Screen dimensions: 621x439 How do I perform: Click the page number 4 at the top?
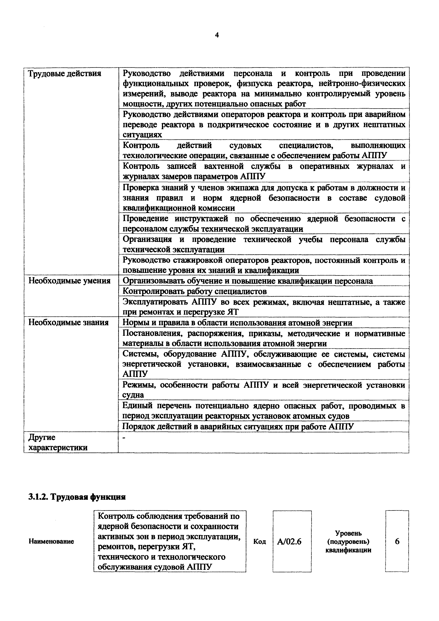(217, 35)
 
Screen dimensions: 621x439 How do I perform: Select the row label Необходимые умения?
(70, 281)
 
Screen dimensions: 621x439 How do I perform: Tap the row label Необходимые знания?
(68, 323)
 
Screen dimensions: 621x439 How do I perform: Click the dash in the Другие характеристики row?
(124, 438)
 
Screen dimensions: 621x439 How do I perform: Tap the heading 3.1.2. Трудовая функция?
(77, 497)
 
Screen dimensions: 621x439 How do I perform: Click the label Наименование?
(51, 542)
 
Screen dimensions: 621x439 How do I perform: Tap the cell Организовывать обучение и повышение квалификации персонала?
(248, 281)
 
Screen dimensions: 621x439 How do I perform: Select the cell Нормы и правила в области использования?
(237, 323)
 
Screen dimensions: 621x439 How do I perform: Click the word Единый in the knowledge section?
(138, 406)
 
